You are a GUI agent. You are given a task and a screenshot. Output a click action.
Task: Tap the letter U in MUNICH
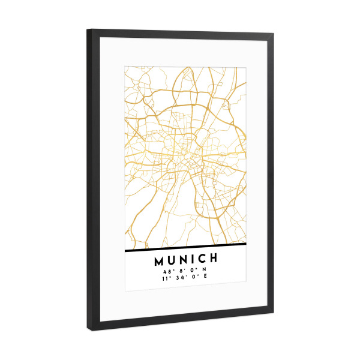point(173,261)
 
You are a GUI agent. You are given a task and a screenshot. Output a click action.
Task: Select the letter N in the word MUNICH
point(185,261)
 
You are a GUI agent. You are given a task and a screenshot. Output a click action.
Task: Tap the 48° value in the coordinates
point(167,271)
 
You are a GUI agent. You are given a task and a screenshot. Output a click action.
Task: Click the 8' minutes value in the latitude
point(181,271)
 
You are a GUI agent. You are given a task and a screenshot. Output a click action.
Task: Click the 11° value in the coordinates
point(166,278)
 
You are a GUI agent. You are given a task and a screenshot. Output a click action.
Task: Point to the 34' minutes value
point(181,278)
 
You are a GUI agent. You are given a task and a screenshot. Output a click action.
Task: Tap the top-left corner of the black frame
point(88,29)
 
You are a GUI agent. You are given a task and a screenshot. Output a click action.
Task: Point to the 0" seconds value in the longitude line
point(193,278)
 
